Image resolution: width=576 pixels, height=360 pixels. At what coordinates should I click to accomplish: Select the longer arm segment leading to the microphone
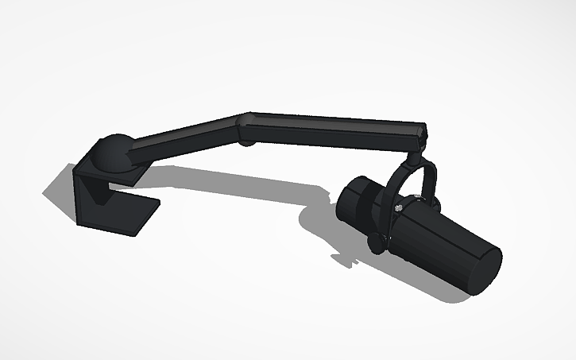click(x=334, y=129)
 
